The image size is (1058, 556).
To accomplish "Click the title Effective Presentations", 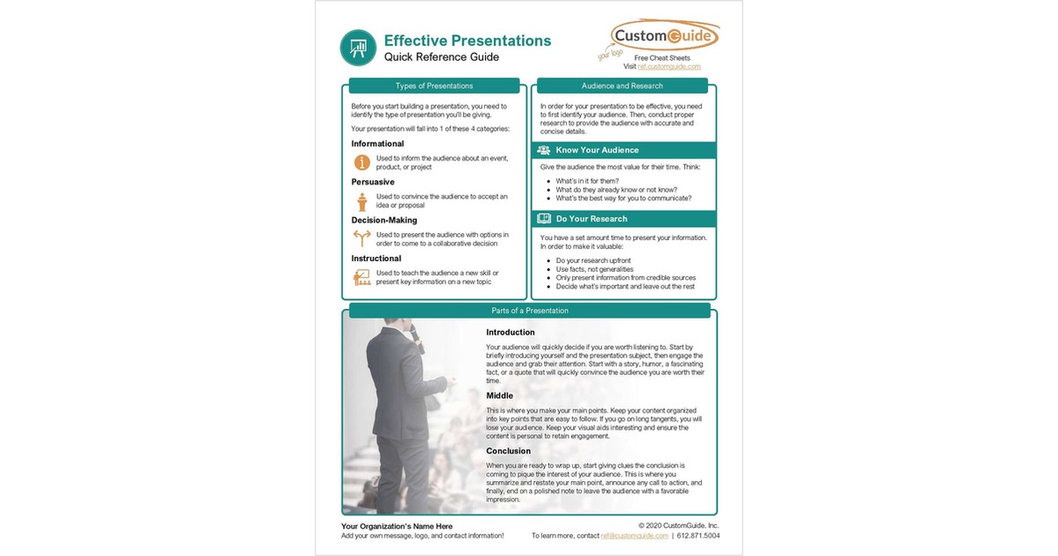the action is pyautogui.click(x=467, y=41).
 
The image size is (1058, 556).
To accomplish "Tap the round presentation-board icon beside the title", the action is pyautogui.click(x=358, y=48).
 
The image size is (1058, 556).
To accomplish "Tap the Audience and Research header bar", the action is pyautogui.click(x=622, y=86).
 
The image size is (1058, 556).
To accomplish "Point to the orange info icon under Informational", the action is pyautogui.click(x=361, y=162).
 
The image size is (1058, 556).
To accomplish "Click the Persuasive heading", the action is pyautogui.click(x=373, y=182).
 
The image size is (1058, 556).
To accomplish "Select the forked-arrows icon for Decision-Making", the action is pyautogui.click(x=361, y=238).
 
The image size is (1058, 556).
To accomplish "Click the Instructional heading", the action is pyautogui.click(x=377, y=259).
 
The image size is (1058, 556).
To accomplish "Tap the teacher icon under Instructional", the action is pyautogui.click(x=361, y=277).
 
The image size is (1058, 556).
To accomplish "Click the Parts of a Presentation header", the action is pyautogui.click(x=529, y=311).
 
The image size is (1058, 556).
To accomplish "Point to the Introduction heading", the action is pyautogui.click(x=510, y=333).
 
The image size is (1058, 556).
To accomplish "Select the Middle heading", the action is pyautogui.click(x=499, y=396).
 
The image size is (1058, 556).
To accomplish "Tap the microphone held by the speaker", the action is pyautogui.click(x=415, y=338).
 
